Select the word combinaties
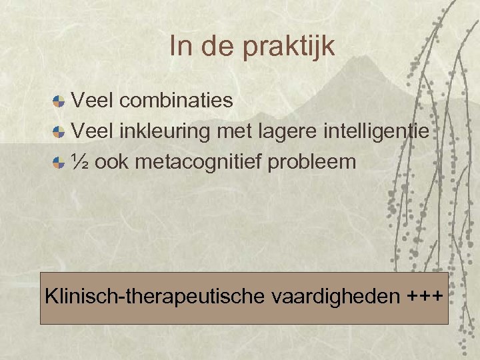coord(177,101)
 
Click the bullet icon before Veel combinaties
coord(59,101)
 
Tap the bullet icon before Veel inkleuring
coord(59,132)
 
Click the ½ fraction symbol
coord(79,162)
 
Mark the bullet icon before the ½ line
coord(59,163)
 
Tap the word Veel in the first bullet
coord(93,101)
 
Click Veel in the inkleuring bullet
coord(93,131)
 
